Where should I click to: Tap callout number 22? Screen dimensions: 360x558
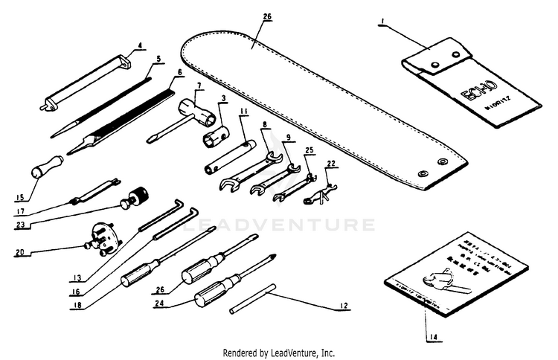coord(331,164)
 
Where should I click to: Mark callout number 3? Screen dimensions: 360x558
coord(223,98)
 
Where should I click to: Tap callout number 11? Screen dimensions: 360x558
coord(244,112)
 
